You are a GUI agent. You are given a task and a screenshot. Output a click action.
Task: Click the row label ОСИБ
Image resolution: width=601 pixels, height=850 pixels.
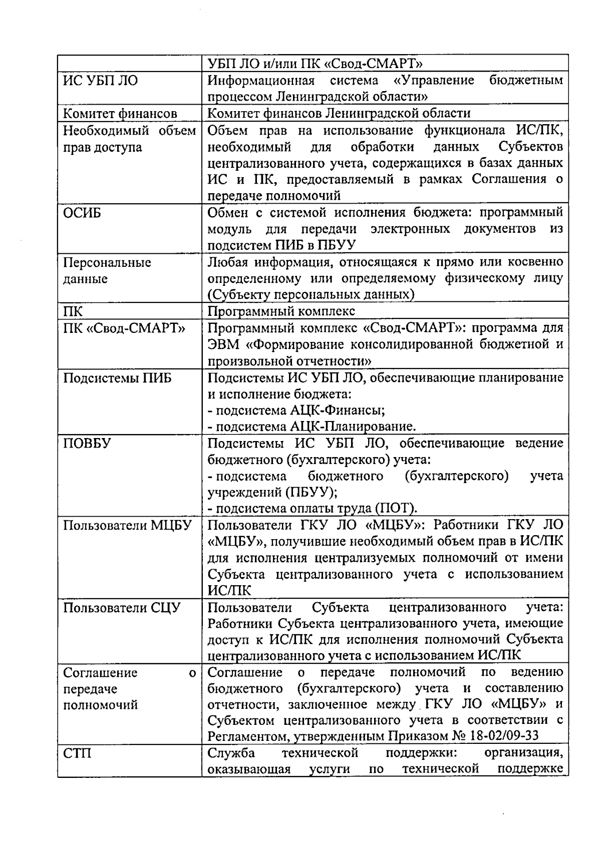click(x=82, y=213)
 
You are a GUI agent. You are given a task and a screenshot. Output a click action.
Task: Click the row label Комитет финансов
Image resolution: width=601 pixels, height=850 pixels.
click(x=120, y=114)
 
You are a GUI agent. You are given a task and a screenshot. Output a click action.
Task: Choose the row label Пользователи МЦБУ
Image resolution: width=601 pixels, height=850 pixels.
click(x=128, y=526)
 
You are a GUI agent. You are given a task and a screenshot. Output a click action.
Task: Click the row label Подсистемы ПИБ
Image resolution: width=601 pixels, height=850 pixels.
click(x=117, y=378)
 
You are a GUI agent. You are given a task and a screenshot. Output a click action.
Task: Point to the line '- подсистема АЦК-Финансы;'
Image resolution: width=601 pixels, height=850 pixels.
click(x=296, y=410)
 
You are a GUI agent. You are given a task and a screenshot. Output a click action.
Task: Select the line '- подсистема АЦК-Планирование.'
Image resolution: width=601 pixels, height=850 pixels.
click(x=312, y=427)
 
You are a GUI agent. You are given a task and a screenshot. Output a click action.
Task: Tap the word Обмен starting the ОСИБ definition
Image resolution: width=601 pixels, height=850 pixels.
click(x=229, y=213)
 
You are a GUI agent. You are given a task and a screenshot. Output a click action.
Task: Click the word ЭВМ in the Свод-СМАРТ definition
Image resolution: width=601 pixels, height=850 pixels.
click(x=221, y=345)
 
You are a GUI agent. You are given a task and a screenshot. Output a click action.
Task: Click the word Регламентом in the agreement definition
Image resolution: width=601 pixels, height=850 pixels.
click(x=245, y=736)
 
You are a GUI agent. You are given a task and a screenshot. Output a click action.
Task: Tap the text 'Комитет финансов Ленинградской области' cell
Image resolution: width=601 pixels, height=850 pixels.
click(x=339, y=114)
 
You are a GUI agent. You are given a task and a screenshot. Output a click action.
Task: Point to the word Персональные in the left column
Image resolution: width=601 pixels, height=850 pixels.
click(x=107, y=263)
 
